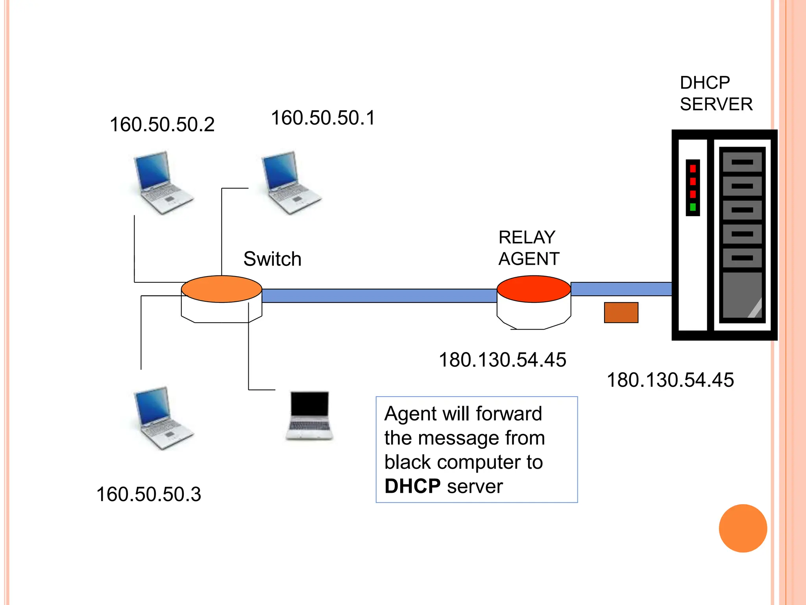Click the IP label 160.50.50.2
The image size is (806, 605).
tap(162, 125)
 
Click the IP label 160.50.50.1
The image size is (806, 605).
tap(323, 118)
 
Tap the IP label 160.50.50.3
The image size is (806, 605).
tap(148, 494)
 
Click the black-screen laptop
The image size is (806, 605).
tap(309, 415)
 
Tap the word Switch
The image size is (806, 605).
tap(272, 259)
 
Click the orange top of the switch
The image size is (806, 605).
tap(222, 289)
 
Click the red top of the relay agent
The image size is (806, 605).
tap(534, 289)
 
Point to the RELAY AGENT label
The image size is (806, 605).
tap(529, 248)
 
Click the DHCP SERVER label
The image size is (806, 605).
tap(715, 94)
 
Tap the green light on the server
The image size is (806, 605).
tap(693, 207)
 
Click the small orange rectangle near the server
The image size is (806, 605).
tap(621, 312)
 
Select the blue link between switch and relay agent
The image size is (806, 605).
tap(379, 296)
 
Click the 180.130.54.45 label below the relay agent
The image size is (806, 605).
tap(502, 360)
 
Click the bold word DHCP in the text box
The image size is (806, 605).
tap(412, 486)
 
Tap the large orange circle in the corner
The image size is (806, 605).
tap(743, 528)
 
